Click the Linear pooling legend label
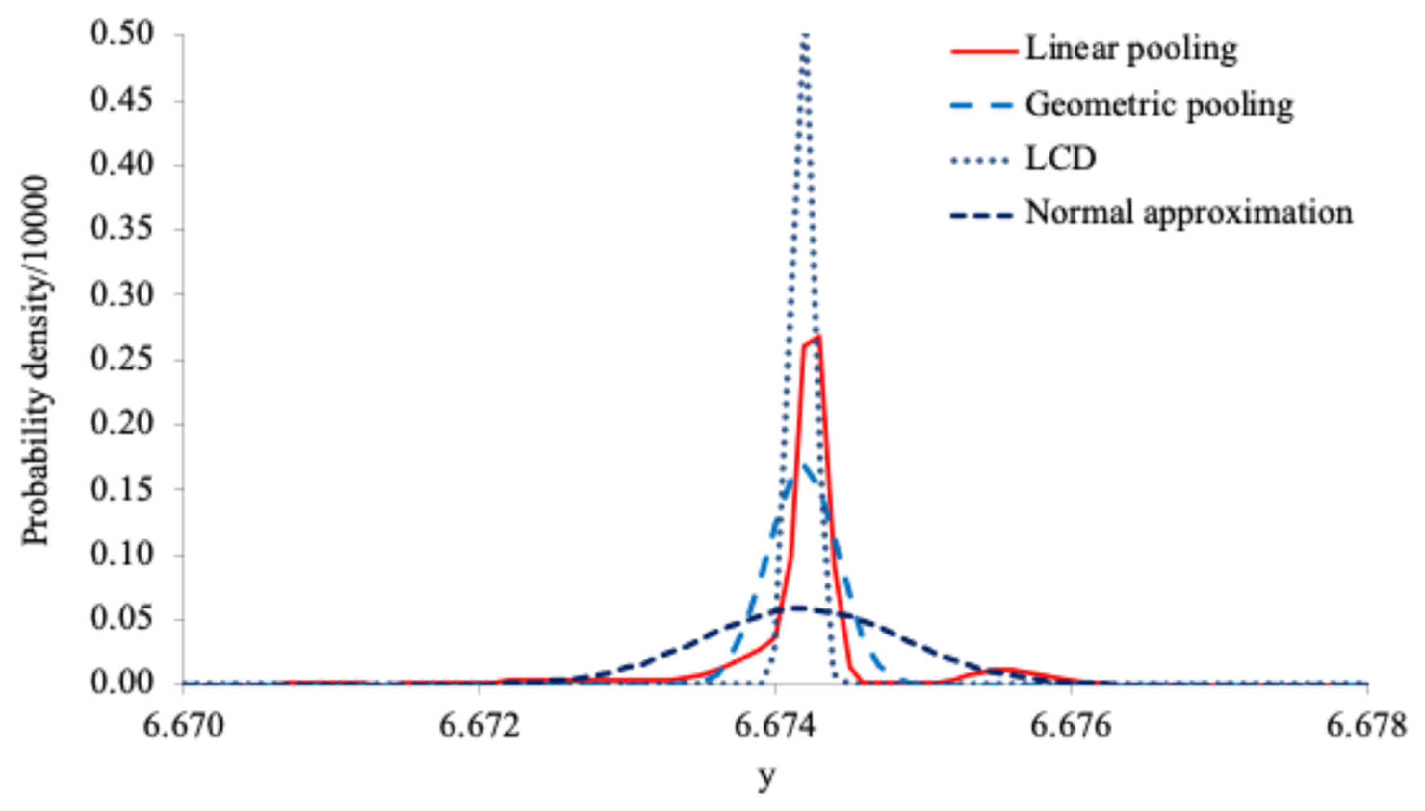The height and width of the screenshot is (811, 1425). tap(1131, 50)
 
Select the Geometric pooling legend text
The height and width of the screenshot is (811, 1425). tap(1159, 104)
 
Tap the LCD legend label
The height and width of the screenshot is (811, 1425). tap(1061, 159)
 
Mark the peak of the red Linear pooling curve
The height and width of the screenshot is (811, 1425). tap(817, 336)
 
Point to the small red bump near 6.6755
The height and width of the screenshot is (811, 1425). tap(1000, 669)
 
